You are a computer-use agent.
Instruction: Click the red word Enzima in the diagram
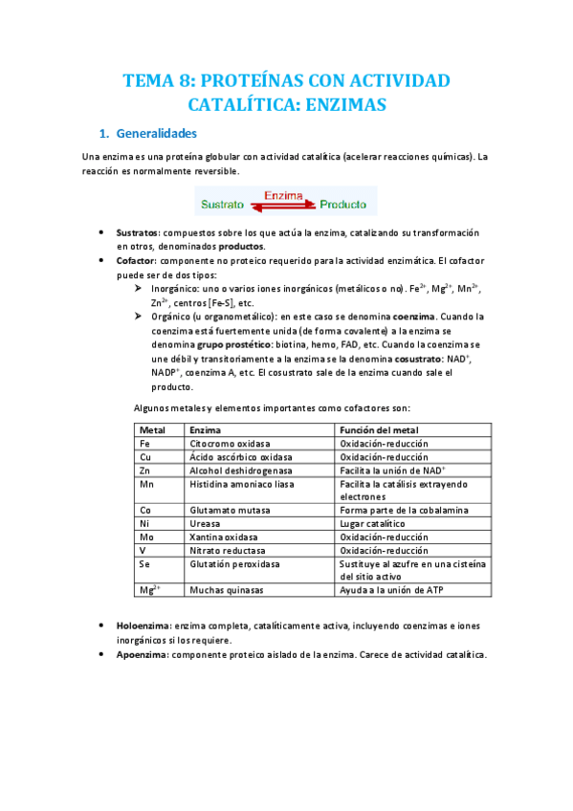coord(283,195)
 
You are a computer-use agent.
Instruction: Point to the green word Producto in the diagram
coord(344,204)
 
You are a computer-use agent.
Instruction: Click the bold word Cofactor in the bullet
coord(137,259)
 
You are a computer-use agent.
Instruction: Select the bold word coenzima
coord(413,316)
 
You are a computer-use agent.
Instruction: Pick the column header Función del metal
coord(379,430)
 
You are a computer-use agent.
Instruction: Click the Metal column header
coord(153,430)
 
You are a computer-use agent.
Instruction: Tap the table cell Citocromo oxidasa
coord(230,444)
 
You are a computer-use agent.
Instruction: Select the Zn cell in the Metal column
coord(145,471)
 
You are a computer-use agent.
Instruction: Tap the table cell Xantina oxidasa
coord(227,537)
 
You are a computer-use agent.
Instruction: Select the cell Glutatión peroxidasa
coord(235,564)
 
